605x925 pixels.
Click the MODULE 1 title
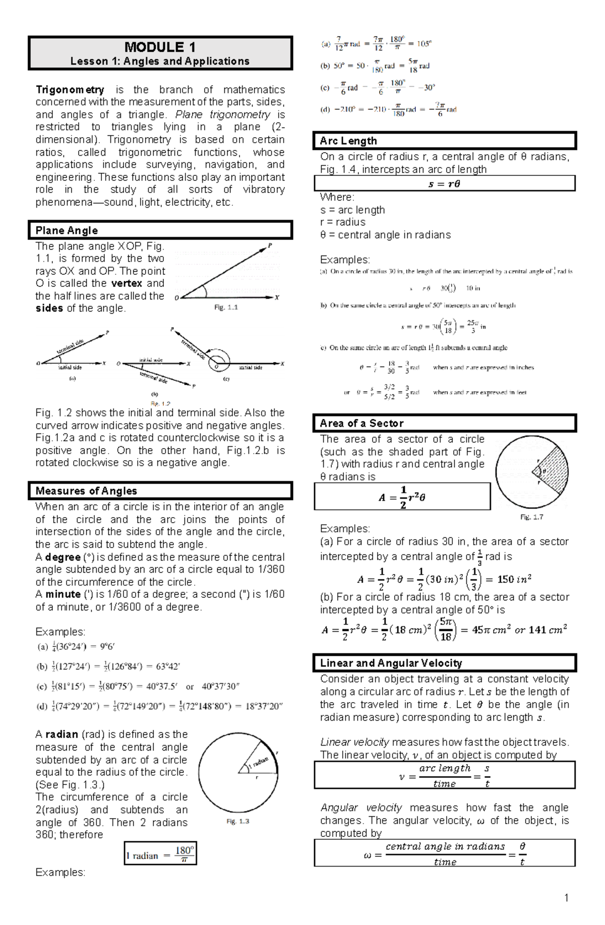click(x=160, y=47)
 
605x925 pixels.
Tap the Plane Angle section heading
click(x=67, y=230)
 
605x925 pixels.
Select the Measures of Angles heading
click(x=86, y=490)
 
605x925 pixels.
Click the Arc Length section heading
click(x=348, y=141)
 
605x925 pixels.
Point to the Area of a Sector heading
click(x=361, y=423)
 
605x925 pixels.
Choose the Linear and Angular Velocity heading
click(x=391, y=663)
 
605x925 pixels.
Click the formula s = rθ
click(x=444, y=184)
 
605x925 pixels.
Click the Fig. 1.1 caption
click(x=226, y=307)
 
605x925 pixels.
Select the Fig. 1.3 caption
click(x=238, y=821)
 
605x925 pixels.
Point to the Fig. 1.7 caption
click(x=531, y=517)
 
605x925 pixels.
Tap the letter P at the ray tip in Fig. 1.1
click(x=270, y=245)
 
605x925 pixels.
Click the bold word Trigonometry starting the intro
click(x=70, y=90)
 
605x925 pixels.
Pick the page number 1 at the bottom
click(x=566, y=898)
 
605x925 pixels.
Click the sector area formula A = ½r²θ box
click(x=402, y=497)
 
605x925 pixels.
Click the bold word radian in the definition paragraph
click(x=62, y=734)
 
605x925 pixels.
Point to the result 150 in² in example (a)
click(x=514, y=579)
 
